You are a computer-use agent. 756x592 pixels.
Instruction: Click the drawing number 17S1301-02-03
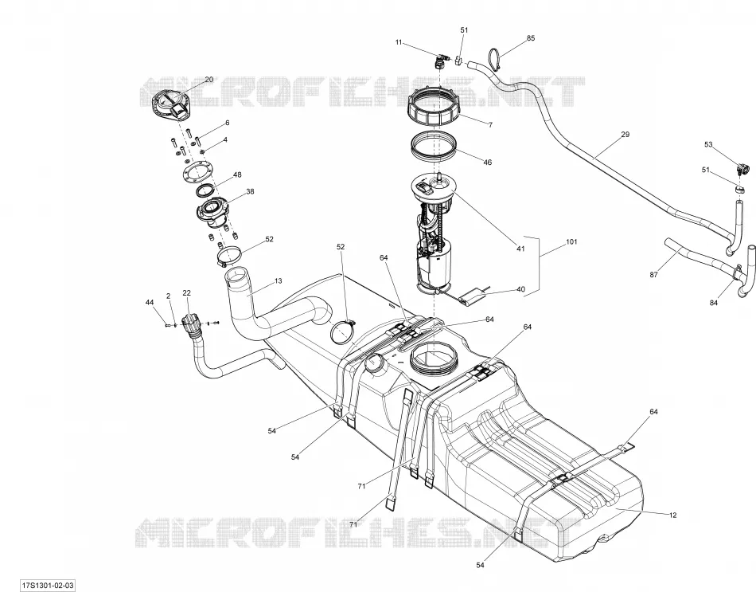coord(48,586)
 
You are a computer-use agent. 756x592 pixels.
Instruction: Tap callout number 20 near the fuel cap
coord(208,80)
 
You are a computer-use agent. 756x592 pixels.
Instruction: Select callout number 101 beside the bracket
coord(571,241)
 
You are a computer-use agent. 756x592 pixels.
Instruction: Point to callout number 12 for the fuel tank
coord(673,516)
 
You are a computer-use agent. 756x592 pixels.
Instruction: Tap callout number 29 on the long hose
coord(625,134)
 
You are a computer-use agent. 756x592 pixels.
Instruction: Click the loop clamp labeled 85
coord(495,60)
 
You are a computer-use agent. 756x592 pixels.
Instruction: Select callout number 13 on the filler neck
coord(279,281)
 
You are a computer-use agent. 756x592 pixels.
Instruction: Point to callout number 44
coord(150,302)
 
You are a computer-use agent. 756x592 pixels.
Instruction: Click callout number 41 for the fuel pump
coord(520,249)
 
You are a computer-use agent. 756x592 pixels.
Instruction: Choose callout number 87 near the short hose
coord(654,275)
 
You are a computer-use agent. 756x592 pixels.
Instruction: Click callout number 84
coord(714,303)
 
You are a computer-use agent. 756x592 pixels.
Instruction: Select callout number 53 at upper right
coord(708,144)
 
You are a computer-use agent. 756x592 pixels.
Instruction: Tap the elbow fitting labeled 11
coord(440,62)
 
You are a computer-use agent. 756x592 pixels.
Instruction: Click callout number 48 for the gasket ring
coord(236,174)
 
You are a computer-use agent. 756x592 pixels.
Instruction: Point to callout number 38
coord(250,191)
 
